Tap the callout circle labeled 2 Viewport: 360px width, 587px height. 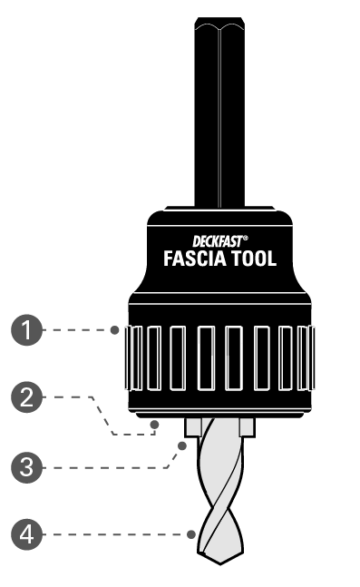coord(32,397)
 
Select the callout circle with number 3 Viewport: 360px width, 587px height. coord(32,468)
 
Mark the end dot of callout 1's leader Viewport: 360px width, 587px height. coord(115,331)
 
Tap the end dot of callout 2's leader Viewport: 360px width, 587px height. coord(155,423)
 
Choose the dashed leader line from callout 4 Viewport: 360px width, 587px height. coord(118,535)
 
